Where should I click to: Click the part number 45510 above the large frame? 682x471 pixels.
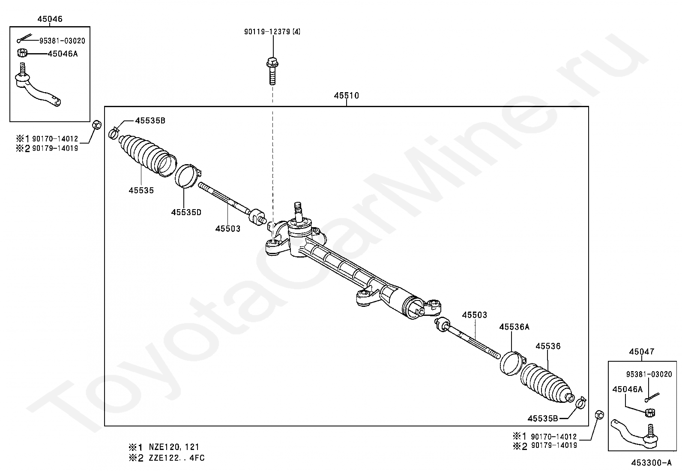(x=347, y=96)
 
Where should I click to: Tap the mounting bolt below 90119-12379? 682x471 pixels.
(x=272, y=71)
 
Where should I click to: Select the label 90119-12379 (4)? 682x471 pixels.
(x=272, y=32)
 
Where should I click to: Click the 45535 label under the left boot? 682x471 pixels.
(x=141, y=190)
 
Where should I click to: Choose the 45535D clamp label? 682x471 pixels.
(x=186, y=212)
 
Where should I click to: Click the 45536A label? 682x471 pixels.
(x=514, y=327)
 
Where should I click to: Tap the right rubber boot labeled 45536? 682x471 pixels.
(x=547, y=383)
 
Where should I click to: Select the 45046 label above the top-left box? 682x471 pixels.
(x=50, y=19)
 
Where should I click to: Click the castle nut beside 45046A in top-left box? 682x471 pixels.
(x=22, y=53)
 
